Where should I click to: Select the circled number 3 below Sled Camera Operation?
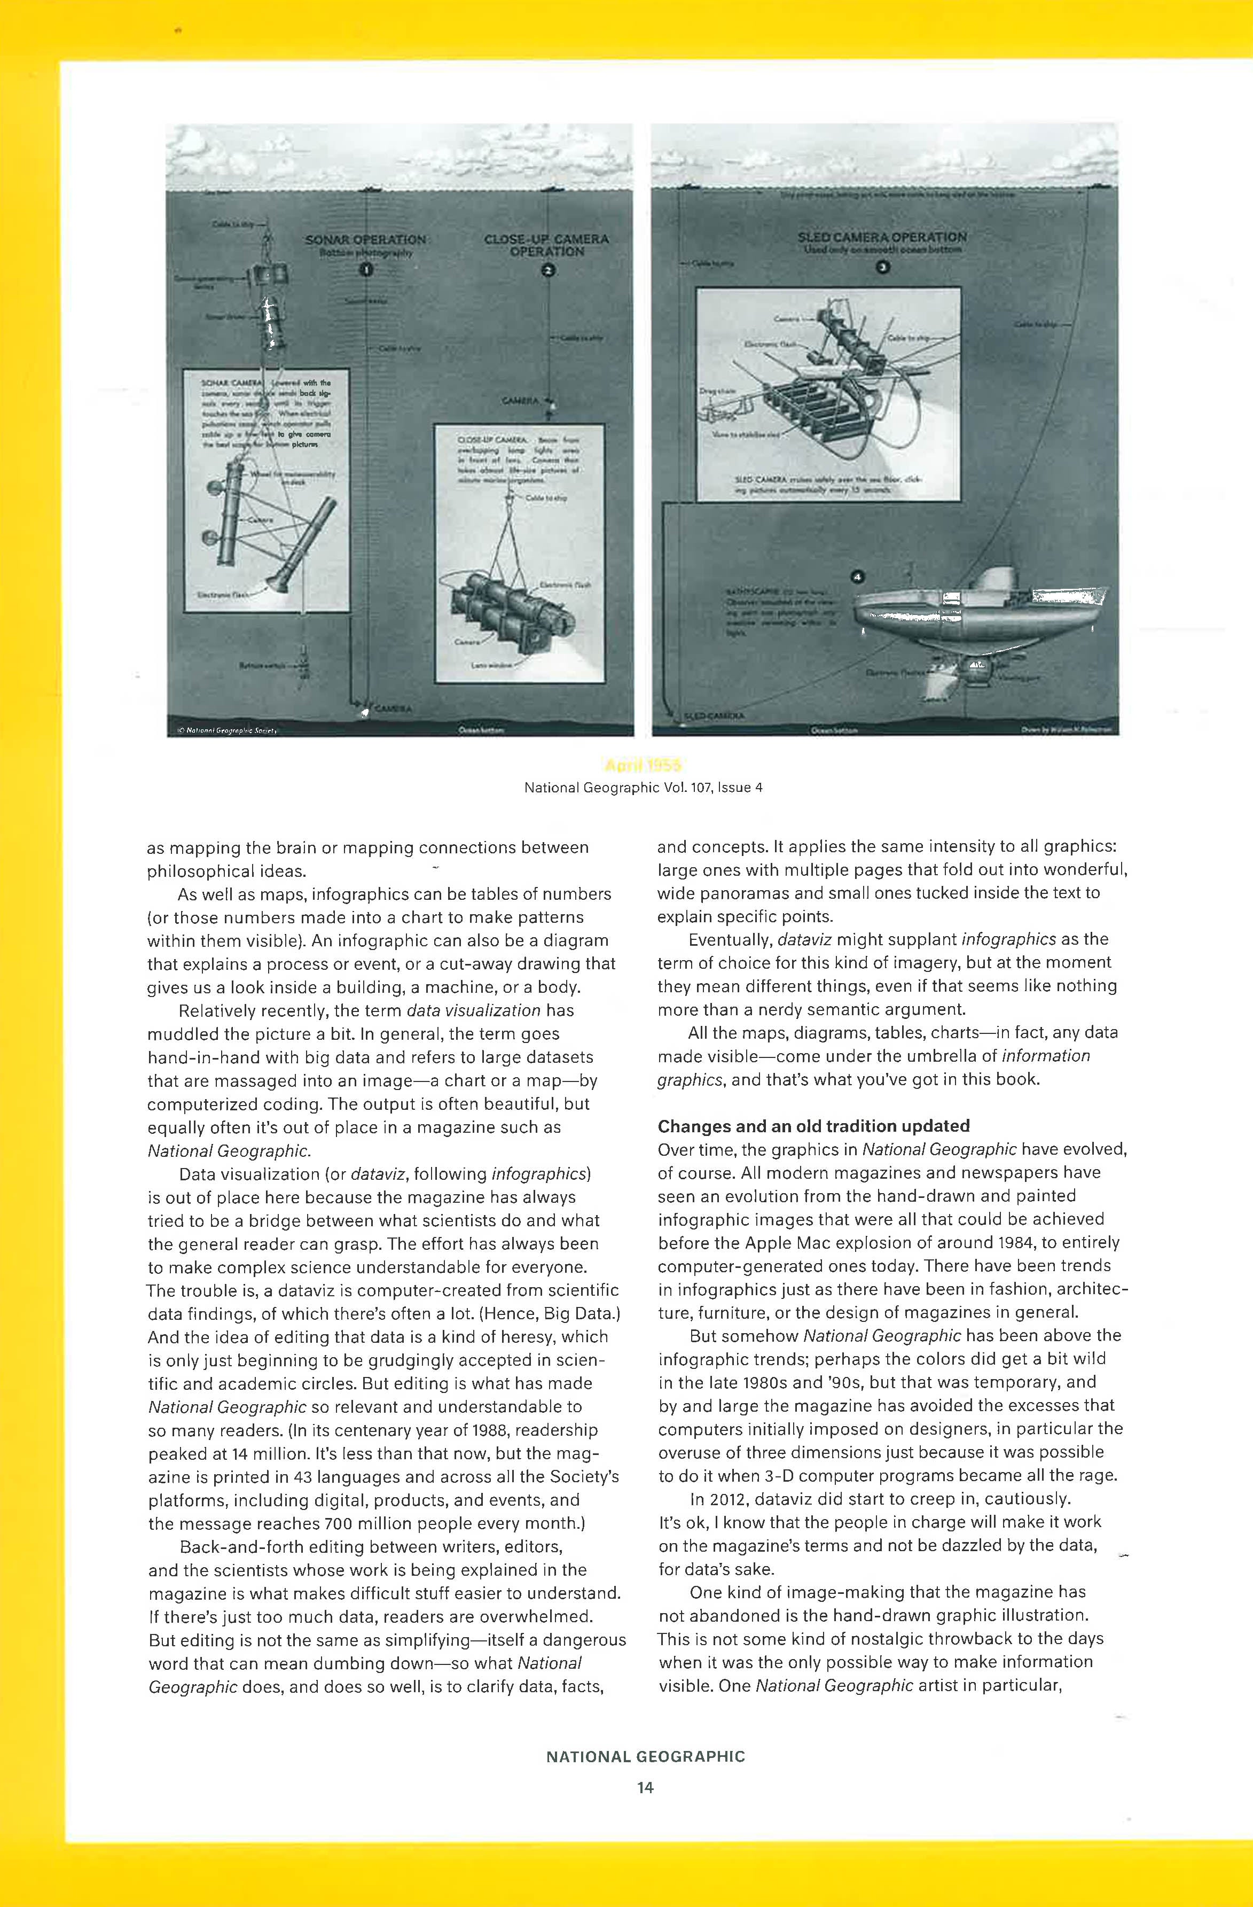[882, 268]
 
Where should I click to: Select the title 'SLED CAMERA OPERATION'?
[882, 237]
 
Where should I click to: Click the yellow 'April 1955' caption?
[643, 765]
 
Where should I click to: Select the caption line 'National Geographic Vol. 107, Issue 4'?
[643, 788]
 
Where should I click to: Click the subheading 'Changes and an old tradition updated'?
[813, 1126]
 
